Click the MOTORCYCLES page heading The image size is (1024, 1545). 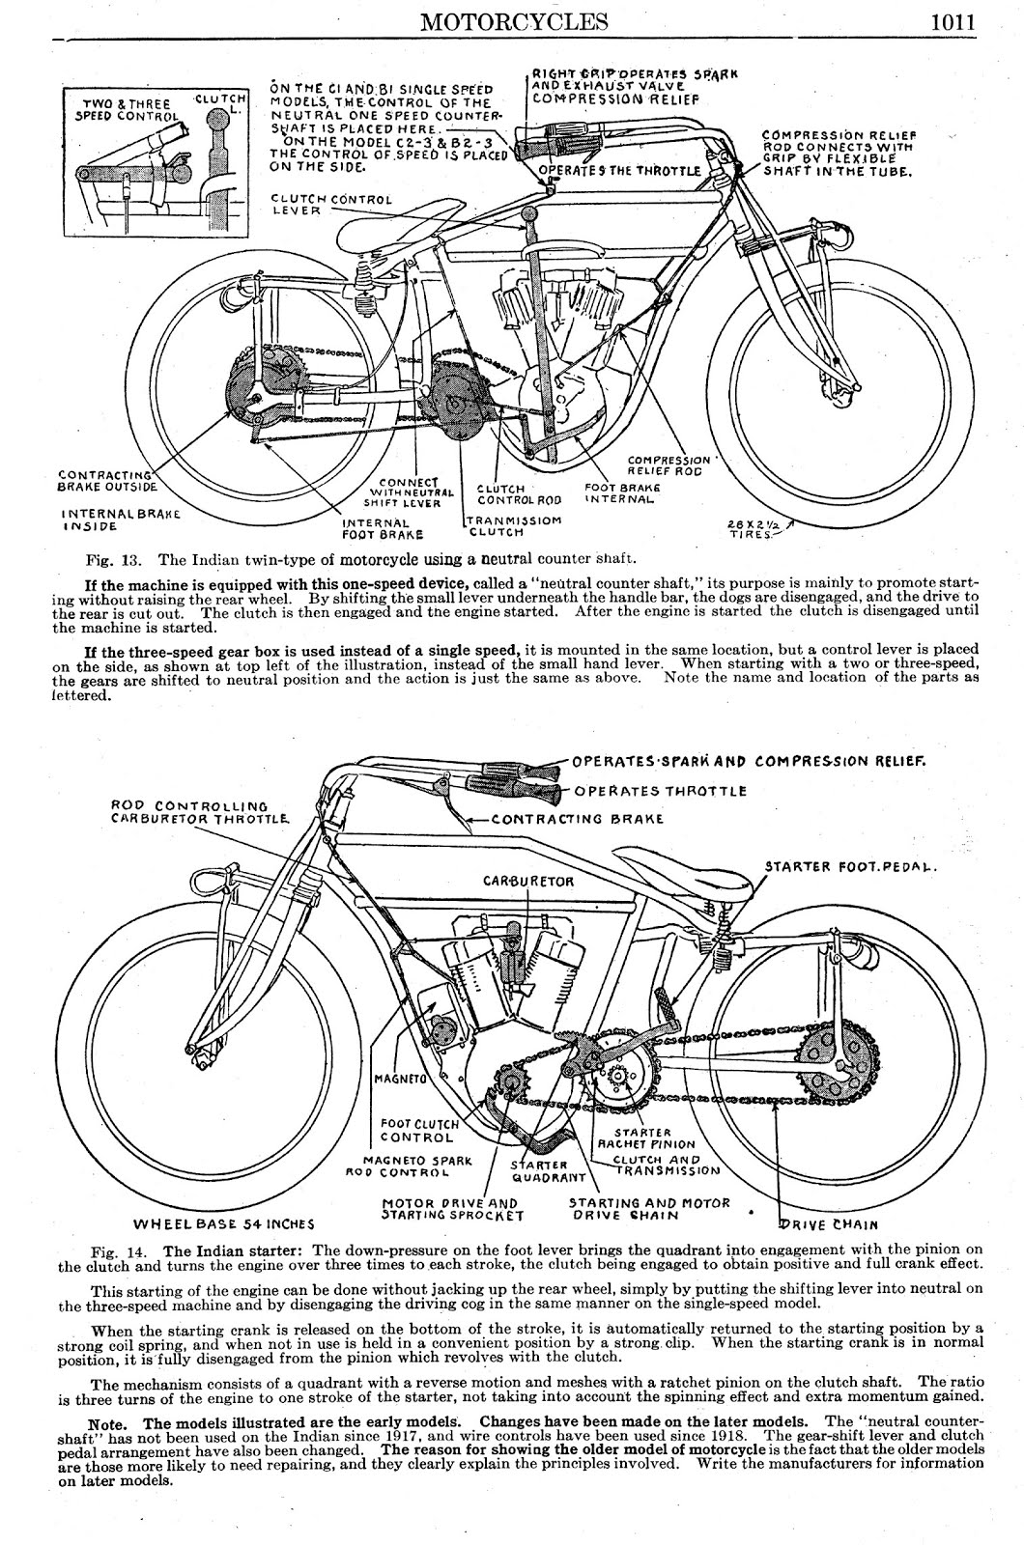coord(513,20)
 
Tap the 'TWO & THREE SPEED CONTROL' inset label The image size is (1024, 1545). coord(126,110)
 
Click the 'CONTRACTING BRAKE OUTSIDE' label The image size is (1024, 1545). coord(104,481)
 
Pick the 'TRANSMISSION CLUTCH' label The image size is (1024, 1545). coord(512,525)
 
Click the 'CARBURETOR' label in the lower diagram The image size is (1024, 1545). coord(528,881)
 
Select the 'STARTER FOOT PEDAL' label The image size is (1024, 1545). coord(851,866)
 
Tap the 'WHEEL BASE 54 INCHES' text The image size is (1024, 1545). coord(223,1223)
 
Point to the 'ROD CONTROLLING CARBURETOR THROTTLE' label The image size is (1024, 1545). coord(201,811)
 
